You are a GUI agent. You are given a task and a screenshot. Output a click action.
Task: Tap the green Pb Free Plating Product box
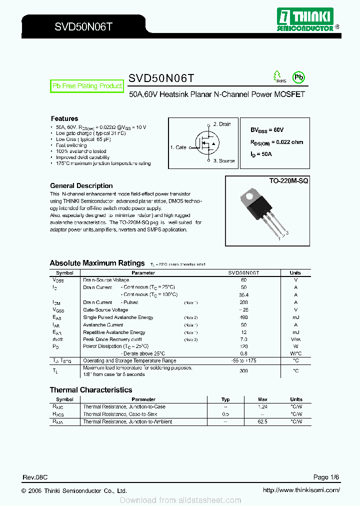point(87,86)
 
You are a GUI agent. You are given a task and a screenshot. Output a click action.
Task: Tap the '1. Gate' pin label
point(178,147)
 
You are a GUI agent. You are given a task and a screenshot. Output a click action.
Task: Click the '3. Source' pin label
point(223,161)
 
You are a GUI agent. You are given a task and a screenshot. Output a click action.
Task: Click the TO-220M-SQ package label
point(286,180)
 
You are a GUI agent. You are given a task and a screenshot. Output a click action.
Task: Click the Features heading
point(64,118)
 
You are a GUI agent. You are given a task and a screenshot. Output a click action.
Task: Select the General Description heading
point(81,185)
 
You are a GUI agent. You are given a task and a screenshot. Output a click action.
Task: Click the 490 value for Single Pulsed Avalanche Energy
point(243,317)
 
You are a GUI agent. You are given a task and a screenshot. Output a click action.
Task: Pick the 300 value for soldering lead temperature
point(243,371)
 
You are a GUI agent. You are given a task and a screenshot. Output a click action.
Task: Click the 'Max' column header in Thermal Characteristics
point(262,399)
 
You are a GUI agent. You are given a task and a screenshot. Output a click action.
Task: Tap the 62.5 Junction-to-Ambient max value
point(262,422)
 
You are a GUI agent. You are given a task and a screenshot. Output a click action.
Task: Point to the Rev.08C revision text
point(35,477)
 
